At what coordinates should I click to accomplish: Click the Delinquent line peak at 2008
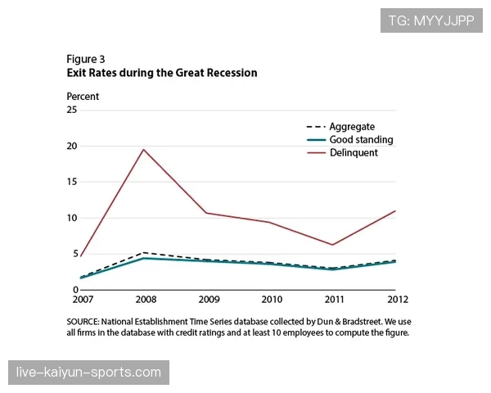144,149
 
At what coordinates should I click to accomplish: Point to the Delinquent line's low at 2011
332,245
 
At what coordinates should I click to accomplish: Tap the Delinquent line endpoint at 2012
395,211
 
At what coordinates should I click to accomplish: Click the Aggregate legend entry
351,127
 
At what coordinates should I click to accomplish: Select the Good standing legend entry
360,140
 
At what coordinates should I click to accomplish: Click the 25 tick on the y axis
72,110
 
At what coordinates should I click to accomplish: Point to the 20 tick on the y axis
72,146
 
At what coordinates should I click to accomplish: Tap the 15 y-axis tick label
72,182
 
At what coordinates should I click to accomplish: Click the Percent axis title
83,97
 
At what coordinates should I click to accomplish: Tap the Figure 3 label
86,59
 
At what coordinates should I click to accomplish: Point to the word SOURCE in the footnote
85,322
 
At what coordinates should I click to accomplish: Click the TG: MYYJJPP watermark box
431,20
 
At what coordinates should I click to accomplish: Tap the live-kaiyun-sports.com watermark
88,373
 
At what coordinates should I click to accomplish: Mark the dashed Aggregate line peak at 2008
144,252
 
